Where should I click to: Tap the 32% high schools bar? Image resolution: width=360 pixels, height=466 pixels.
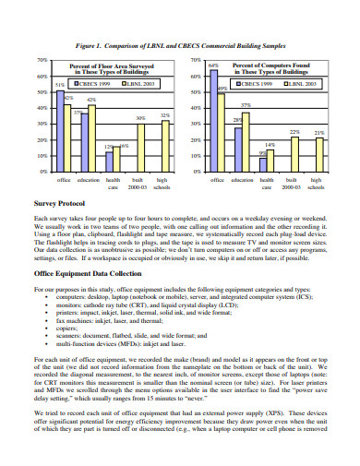tap(165, 147)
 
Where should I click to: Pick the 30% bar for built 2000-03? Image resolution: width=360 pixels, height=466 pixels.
tap(139, 148)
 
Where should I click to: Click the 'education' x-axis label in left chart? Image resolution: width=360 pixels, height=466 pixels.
tap(89, 180)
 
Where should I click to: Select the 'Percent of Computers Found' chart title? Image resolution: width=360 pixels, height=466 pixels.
tap(272, 66)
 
